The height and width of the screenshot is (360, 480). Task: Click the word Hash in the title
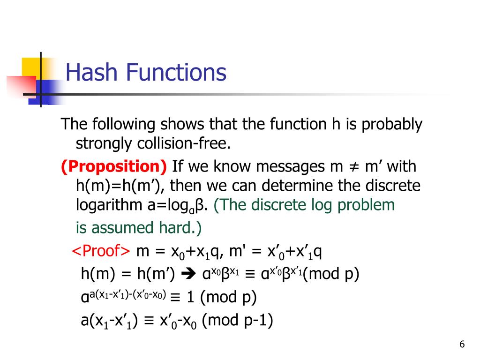point(91,72)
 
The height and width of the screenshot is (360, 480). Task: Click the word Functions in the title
point(176,72)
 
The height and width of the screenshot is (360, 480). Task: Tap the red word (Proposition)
point(114,167)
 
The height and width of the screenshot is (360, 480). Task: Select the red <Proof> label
point(101,251)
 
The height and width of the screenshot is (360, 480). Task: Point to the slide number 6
point(462,345)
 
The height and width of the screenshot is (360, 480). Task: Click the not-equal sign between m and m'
point(354,167)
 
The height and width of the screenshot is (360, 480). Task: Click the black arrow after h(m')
point(188,274)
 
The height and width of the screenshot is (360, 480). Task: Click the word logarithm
point(109,205)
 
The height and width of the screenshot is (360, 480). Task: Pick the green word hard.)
point(180,228)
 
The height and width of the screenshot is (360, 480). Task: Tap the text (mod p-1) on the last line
point(238,321)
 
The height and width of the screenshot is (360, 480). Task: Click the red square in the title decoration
point(22,86)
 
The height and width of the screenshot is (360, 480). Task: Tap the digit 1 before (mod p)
point(190,297)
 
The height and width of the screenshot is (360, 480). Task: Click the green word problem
point(366,205)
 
